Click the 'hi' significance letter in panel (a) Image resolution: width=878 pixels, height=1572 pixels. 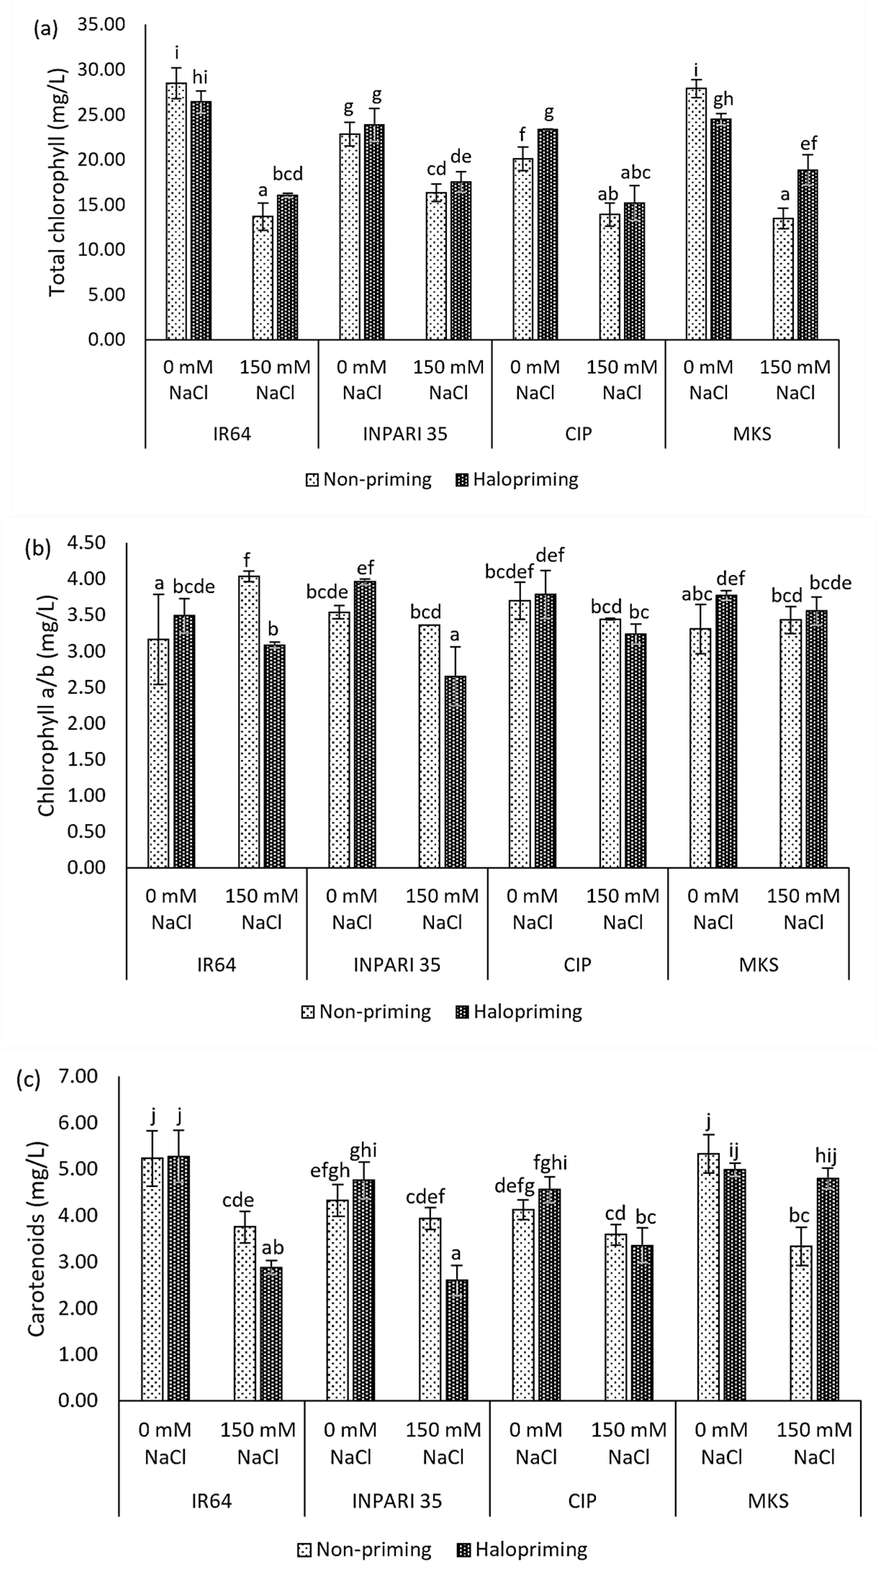click(200, 77)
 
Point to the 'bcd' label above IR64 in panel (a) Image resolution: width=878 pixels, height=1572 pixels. click(288, 175)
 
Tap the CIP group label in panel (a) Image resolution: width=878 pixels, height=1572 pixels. click(578, 434)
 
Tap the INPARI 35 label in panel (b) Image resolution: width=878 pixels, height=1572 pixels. click(397, 965)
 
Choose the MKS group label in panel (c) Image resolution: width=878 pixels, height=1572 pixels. click(768, 1501)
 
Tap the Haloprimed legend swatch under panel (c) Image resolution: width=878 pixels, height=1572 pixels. click(462, 1550)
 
